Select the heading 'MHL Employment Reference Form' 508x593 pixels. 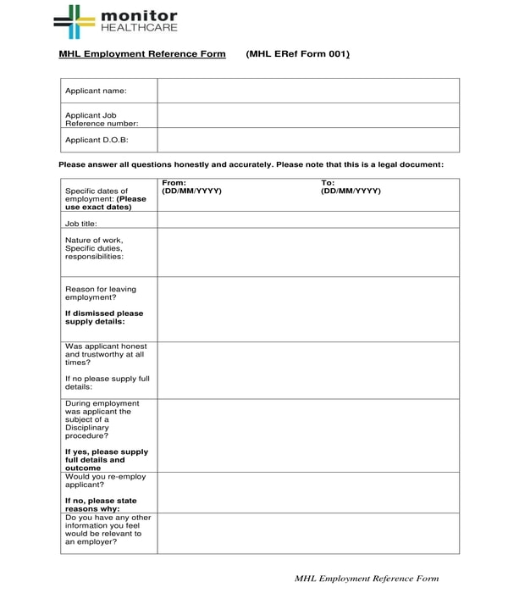tap(142, 54)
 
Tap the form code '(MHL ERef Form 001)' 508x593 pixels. tap(298, 54)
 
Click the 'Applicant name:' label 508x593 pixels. tap(96, 91)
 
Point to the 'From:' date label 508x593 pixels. tap(174, 183)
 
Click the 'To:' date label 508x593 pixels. tap(328, 183)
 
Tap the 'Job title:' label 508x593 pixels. tap(81, 224)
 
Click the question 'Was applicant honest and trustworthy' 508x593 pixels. tap(106, 354)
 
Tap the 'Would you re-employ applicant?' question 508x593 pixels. tap(105, 481)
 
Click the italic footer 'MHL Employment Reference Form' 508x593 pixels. tap(367, 579)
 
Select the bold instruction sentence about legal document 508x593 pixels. tap(251, 164)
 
